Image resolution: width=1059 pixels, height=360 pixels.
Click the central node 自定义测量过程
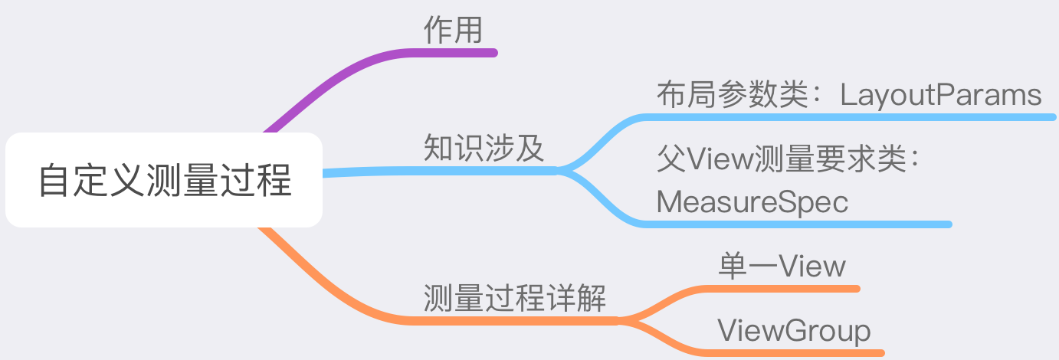(164, 181)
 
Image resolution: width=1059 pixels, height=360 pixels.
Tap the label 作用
(453, 31)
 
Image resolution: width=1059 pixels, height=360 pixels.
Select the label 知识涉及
(484, 148)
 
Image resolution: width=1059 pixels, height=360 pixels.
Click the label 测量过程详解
(515, 297)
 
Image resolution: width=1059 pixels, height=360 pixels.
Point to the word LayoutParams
(941, 95)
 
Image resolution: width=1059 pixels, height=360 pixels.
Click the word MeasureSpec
(752, 202)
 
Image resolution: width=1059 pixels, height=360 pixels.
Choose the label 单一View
(782, 266)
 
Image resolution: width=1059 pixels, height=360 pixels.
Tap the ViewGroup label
(794, 331)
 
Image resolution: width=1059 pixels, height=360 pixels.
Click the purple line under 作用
(453, 52)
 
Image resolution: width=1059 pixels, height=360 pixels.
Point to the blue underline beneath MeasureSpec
(797, 224)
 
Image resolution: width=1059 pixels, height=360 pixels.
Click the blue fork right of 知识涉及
(571, 169)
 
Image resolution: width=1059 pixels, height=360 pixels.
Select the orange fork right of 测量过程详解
(632, 319)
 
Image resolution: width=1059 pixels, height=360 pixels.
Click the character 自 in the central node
(53, 181)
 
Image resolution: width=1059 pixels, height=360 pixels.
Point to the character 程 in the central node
(277, 181)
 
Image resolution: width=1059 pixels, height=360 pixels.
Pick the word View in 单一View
(812, 266)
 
